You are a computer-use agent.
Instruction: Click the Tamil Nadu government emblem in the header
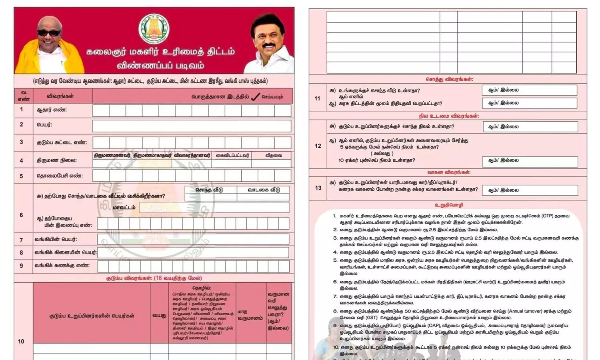pyautogui.click(x=154, y=29)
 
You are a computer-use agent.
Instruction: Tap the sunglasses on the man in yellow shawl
pyautogui.click(x=49, y=33)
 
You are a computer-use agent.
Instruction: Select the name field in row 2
pyautogui.click(x=192, y=126)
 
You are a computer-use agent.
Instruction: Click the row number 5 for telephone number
pyautogui.click(x=22, y=176)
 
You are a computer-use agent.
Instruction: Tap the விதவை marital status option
pyautogui.click(x=273, y=155)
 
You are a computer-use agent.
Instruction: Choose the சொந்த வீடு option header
pyautogui.click(x=209, y=190)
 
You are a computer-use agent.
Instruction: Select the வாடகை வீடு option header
pyautogui.click(x=264, y=190)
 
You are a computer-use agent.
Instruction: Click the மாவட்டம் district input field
pyautogui.click(x=214, y=207)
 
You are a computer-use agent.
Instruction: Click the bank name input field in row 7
pyautogui.click(x=193, y=239)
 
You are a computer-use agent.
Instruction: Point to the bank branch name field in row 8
pyautogui.click(x=193, y=252)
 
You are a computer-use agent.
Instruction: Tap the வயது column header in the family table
pyautogui.click(x=159, y=315)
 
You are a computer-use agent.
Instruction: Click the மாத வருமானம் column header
pyautogui.click(x=250, y=315)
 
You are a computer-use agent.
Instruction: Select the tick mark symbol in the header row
pyautogui.click(x=255, y=97)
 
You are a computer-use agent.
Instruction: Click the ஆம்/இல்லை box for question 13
pyautogui.click(x=530, y=190)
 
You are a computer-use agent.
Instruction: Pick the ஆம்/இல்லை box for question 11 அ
pyautogui.click(x=529, y=90)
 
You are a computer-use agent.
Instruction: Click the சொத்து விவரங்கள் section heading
pyautogui.click(x=449, y=79)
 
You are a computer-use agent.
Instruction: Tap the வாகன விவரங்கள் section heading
pyautogui.click(x=449, y=172)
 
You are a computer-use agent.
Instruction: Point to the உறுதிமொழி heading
pyautogui.click(x=449, y=205)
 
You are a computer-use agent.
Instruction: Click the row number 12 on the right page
pyautogui.click(x=318, y=146)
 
